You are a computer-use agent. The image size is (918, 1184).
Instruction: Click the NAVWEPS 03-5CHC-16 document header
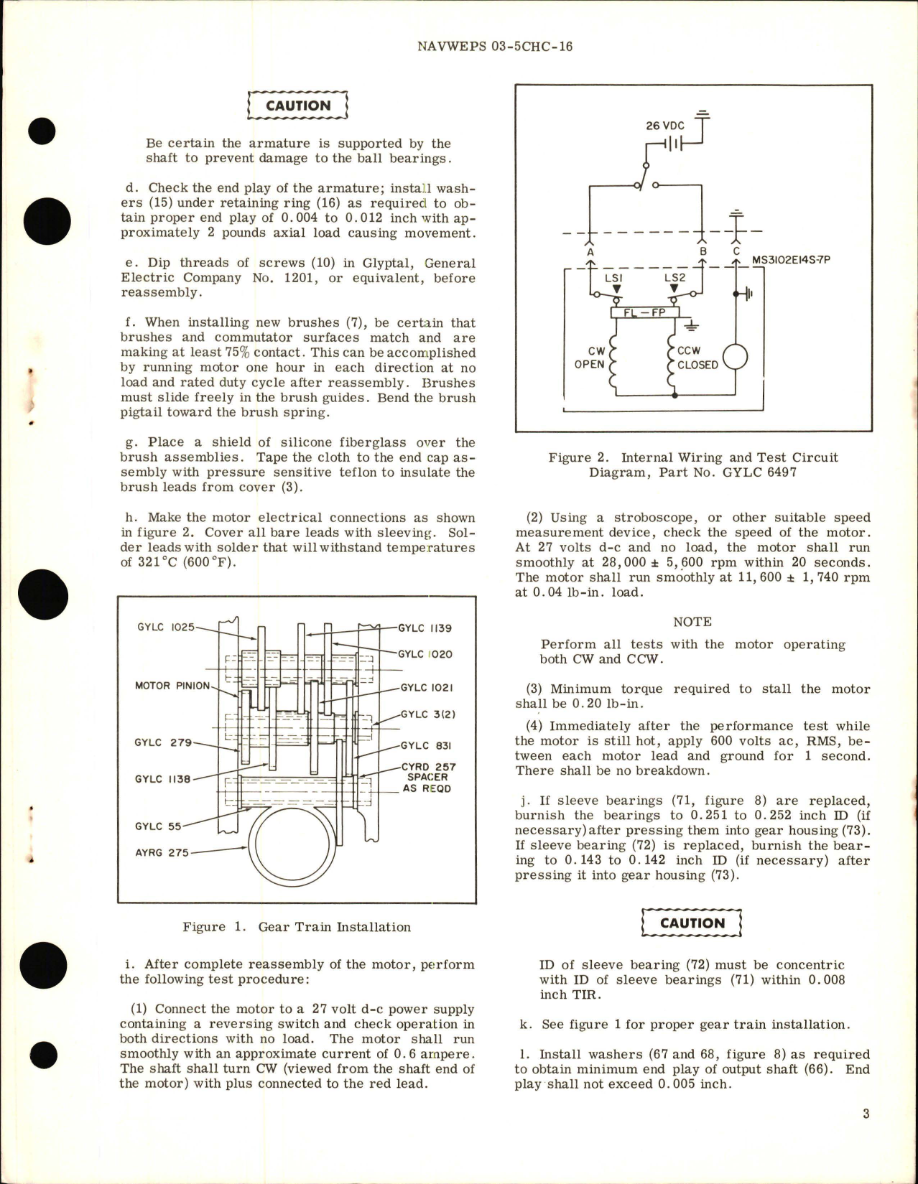[x=494, y=47]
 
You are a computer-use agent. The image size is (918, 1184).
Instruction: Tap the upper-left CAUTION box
[x=297, y=106]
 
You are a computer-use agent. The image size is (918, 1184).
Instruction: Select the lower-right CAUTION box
[x=692, y=923]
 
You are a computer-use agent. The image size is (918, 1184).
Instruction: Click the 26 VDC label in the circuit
[x=664, y=125]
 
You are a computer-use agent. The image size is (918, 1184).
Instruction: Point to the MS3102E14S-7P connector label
[x=790, y=260]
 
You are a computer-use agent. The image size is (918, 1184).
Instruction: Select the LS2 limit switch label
[x=674, y=278]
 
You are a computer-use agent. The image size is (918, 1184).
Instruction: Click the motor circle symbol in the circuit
[x=735, y=357]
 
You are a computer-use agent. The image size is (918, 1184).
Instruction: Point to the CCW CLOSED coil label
[x=697, y=358]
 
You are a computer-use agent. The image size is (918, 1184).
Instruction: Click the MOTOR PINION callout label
[x=172, y=686]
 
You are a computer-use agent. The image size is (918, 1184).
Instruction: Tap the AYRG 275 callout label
[x=162, y=853]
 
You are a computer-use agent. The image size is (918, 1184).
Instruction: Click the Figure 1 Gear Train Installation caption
[x=297, y=927]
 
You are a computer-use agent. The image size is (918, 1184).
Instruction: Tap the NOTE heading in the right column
[x=692, y=622]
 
